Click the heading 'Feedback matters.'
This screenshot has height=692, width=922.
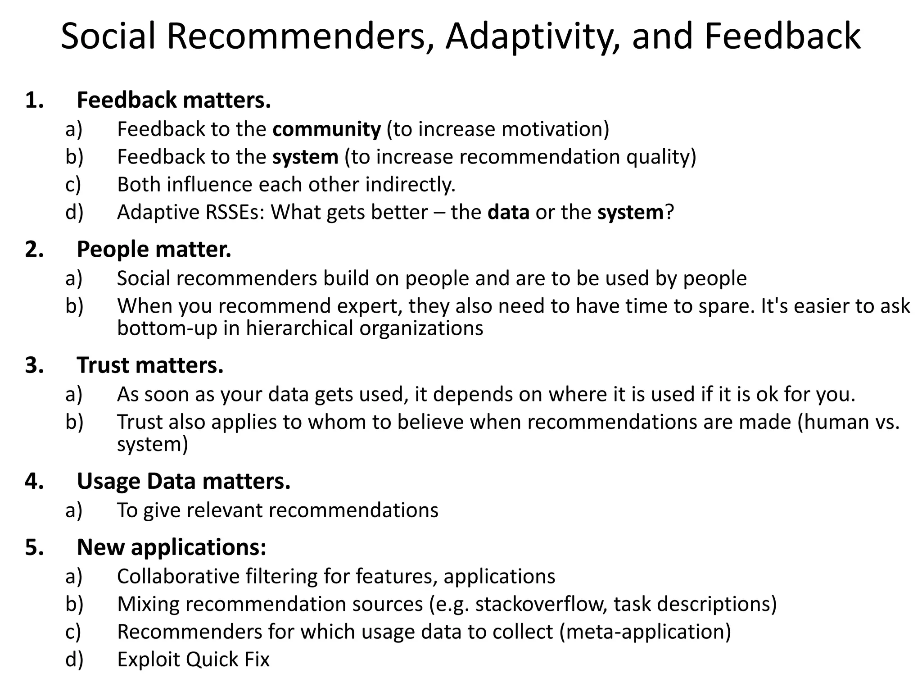[x=174, y=100]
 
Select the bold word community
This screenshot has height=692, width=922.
[x=326, y=129]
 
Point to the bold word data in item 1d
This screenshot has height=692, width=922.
[x=508, y=212]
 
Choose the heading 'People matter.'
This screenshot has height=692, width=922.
[x=154, y=249]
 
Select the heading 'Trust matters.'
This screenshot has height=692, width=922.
[x=150, y=365]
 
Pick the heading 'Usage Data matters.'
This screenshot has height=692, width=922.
[x=184, y=481]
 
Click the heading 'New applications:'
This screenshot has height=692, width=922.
[x=172, y=547]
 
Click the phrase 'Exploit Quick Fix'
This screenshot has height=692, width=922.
[x=193, y=660]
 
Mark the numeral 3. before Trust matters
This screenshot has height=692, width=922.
[x=34, y=365]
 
